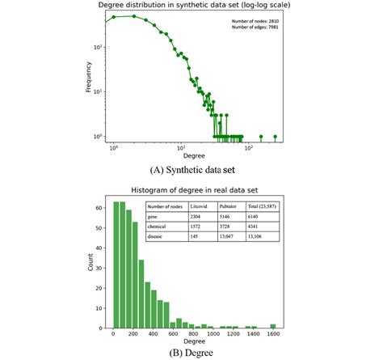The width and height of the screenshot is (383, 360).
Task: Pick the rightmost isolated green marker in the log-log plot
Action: [x=276, y=136]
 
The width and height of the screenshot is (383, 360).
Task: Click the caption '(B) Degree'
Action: [x=191, y=351]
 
